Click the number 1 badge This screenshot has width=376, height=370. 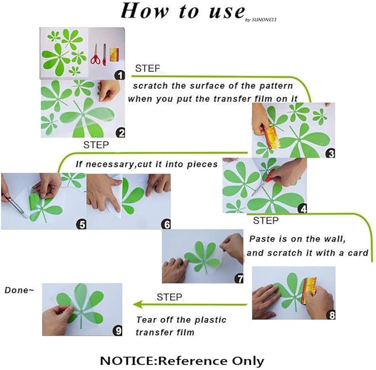120,75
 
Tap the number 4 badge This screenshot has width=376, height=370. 302,209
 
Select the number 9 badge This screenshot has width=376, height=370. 117,331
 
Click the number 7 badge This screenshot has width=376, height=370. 239,279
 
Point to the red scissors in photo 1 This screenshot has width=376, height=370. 95,55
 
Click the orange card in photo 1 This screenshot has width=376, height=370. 114,55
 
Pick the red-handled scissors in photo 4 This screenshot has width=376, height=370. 263,182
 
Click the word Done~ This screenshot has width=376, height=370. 19,290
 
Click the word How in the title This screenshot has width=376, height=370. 145,11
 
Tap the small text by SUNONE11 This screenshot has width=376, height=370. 261,20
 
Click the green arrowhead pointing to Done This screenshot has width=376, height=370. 138,305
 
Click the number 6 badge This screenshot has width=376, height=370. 166,224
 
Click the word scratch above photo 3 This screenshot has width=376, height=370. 151,86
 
